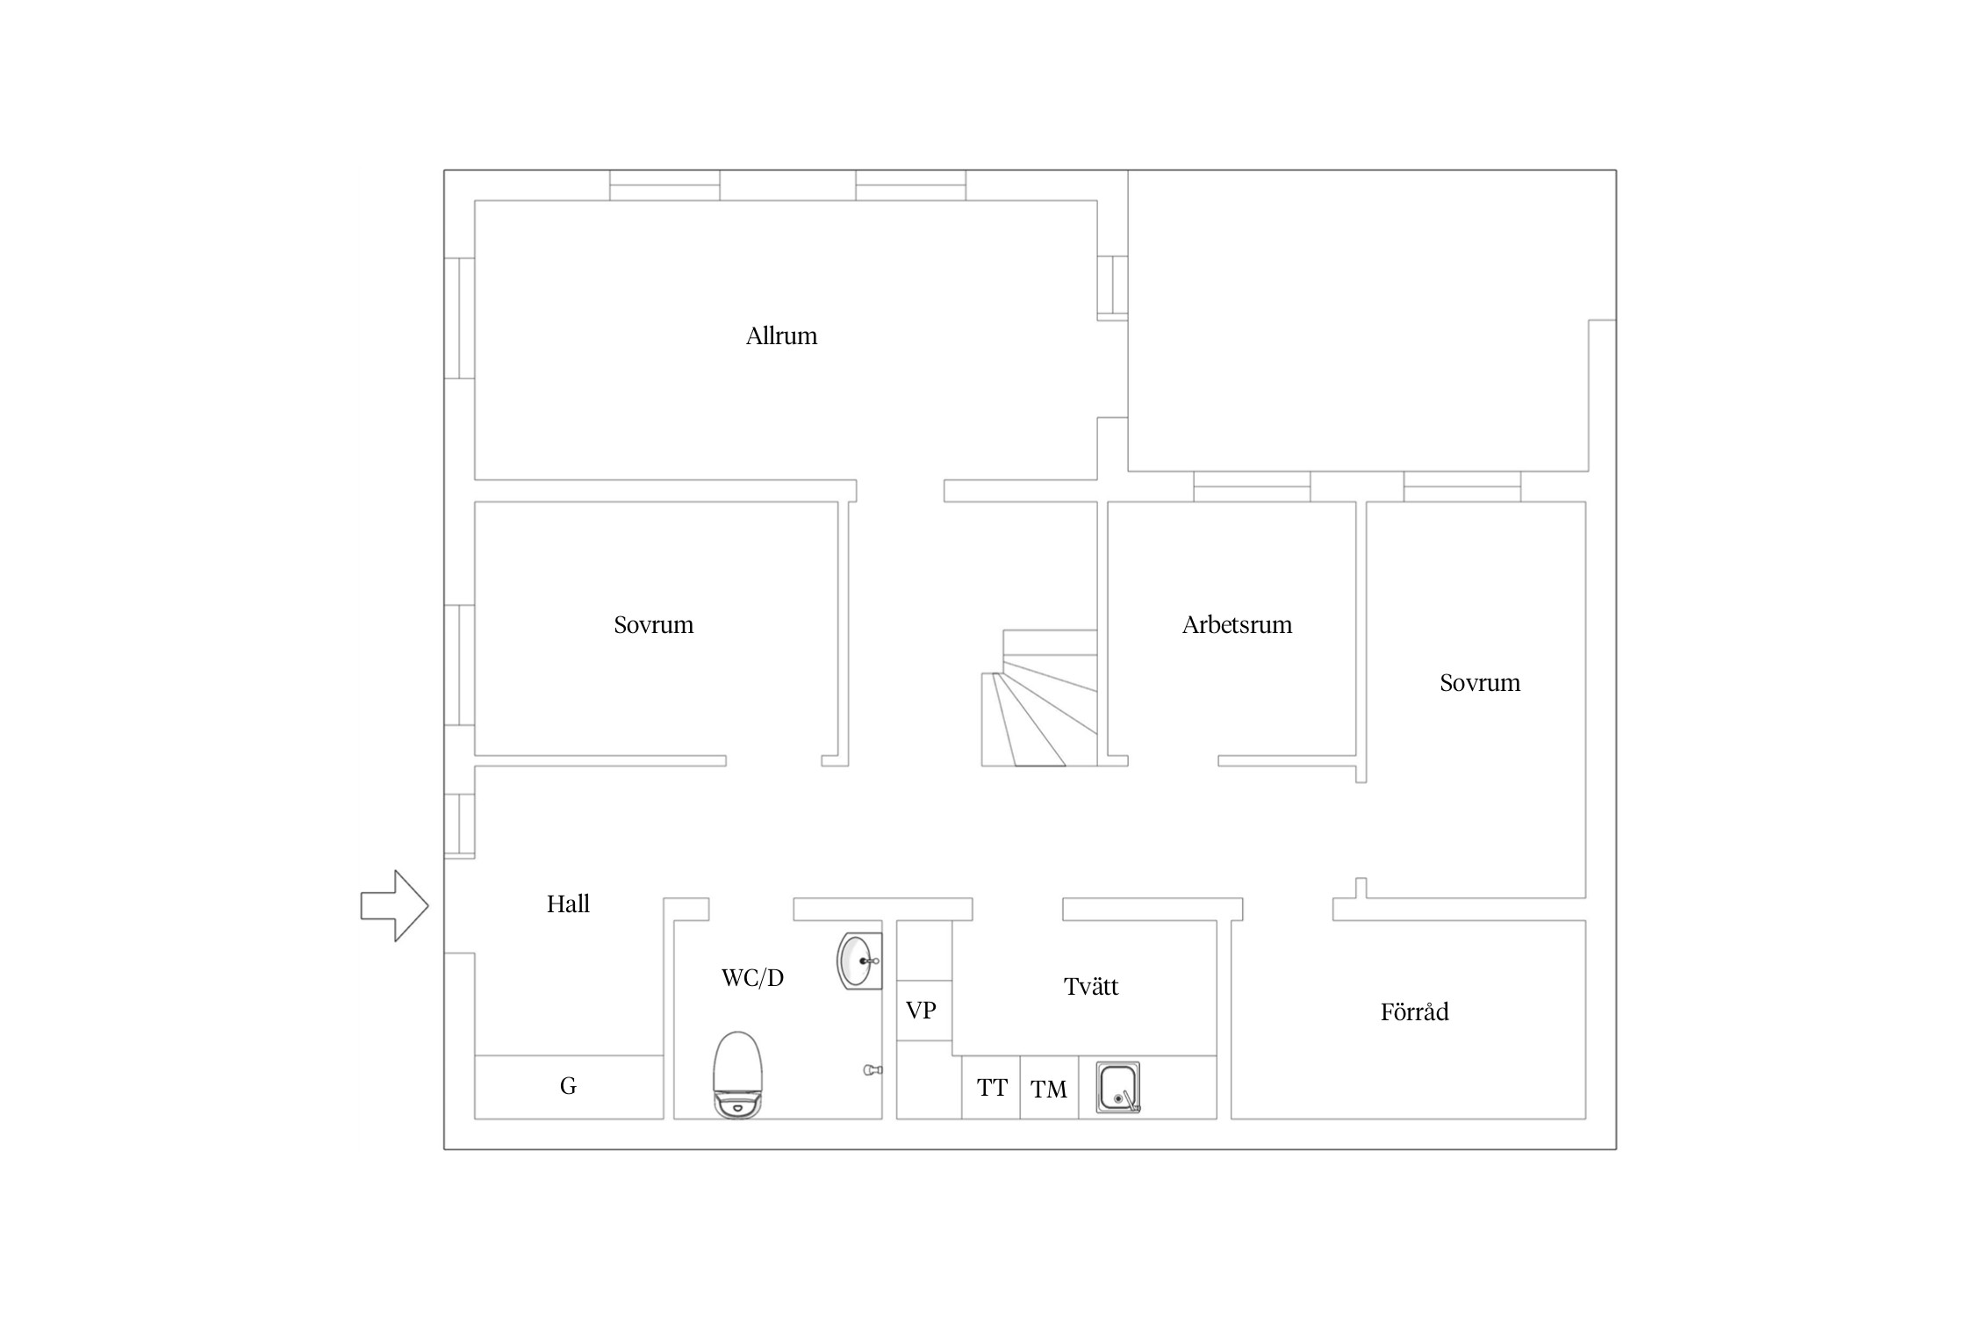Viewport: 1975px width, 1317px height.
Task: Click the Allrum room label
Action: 781,336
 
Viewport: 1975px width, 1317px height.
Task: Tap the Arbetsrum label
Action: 1237,625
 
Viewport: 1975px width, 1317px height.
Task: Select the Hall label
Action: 568,904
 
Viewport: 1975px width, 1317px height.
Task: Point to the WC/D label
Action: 752,978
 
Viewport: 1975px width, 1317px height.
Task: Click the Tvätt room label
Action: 1091,987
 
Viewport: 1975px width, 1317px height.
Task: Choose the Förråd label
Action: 1414,1011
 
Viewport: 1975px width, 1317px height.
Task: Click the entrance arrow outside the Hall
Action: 394,906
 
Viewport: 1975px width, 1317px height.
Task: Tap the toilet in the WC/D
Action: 737,1075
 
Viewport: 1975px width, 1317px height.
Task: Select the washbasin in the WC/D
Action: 859,961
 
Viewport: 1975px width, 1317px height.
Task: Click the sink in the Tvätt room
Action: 1118,1088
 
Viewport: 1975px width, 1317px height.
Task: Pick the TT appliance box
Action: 991,1087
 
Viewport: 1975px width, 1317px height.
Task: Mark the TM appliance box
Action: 1049,1087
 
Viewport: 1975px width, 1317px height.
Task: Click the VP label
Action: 921,1011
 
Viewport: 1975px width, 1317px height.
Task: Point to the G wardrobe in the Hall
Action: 569,1087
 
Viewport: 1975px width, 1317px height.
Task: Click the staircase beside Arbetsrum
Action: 1039,698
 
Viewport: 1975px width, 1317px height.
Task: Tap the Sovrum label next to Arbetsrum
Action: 1480,683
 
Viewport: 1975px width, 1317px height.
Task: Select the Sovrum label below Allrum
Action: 653,625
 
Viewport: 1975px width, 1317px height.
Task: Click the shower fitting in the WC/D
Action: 873,1069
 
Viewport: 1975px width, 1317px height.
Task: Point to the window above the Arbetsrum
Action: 1252,486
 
